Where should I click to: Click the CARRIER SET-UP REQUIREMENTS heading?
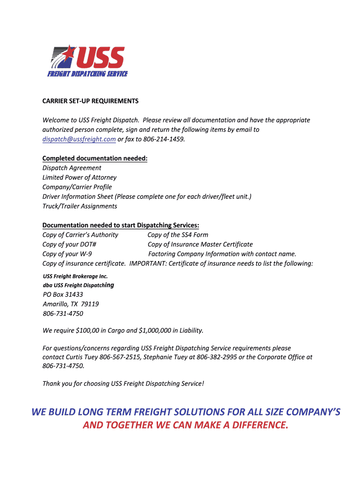tap(91, 101)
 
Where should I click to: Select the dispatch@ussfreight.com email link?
tap(79, 139)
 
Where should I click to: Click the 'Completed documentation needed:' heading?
tap(95, 159)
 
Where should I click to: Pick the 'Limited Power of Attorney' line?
tap(79, 178)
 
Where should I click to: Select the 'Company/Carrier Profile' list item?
tap(77, 187)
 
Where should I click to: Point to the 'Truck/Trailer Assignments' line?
tap(80, 206)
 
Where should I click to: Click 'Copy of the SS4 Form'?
tap(178, 235)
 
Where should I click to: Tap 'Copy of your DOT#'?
tap(70, 245)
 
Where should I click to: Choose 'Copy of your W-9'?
tap(67, 254)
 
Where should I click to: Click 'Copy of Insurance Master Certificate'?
tap(200, 245)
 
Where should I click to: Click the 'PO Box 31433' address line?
tap(63, 295)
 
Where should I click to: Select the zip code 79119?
tap(90, 304)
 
